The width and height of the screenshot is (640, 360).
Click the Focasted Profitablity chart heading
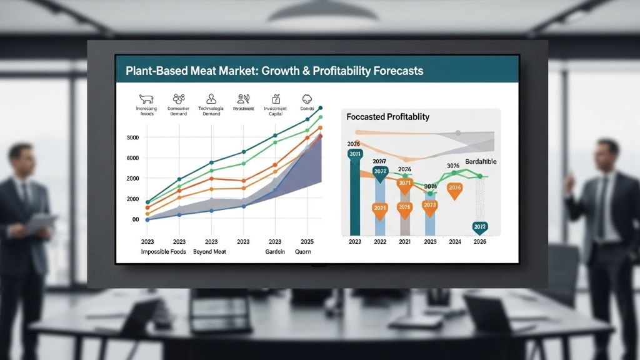point(388,117)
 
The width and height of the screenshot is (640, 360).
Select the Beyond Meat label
point(209,252)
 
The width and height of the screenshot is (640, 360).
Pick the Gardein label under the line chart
point(274,252)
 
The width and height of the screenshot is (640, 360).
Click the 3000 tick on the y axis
point(132,137)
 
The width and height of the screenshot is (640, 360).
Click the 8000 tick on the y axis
point(132,158)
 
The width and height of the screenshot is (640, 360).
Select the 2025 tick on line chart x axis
point(306,241)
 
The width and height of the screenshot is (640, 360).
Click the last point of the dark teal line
point(321,108)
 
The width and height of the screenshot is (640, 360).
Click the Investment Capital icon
point(276,99)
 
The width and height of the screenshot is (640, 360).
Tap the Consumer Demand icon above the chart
point(179,98)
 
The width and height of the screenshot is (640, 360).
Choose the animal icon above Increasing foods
point(146,99)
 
